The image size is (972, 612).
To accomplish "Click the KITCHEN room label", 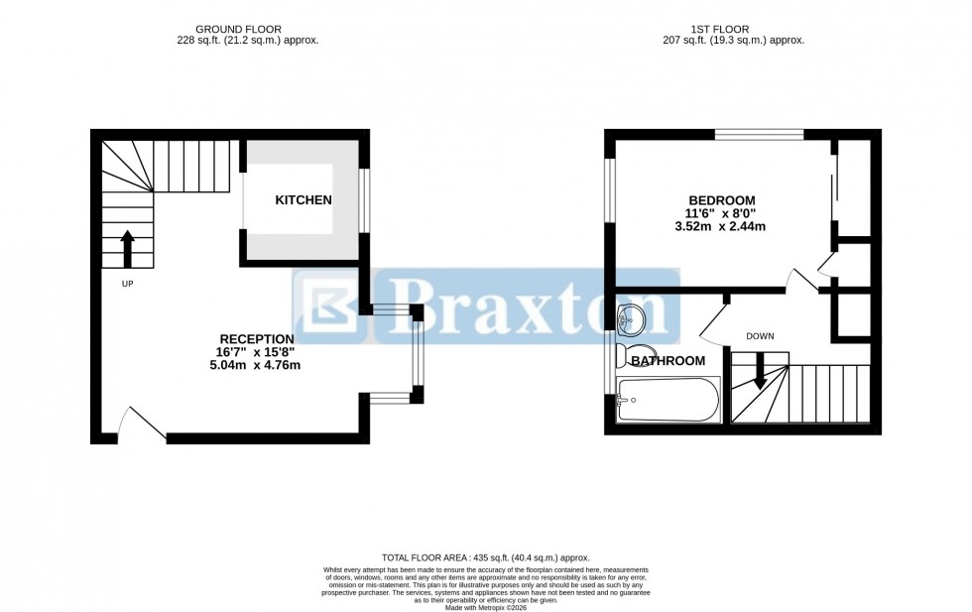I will [x=303, y=200].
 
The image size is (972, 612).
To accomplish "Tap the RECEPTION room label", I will [x=256, y=338].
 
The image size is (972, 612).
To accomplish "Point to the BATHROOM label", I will [x=668, y=361].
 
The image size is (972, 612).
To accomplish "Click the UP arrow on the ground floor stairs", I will [x=128, y=249].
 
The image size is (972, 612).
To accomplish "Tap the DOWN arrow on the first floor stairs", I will [x=760, y=373].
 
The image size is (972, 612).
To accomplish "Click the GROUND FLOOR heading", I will [x=238, y=29].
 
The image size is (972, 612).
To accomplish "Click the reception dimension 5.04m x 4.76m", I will [x=255, y=365].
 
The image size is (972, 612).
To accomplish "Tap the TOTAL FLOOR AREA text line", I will [x=485, y=558].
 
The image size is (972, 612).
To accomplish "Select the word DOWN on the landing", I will [x=760, y=336].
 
